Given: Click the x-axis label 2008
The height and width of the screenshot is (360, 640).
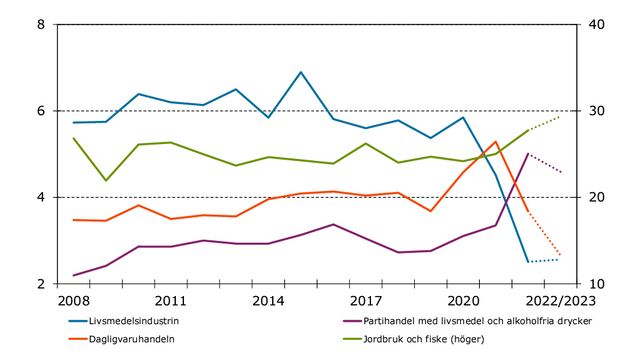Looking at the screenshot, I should tap(73, 301).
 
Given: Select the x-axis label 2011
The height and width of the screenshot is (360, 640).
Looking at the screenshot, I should tap(171, 301).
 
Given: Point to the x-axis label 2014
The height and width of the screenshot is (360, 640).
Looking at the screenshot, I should tap(268, 301).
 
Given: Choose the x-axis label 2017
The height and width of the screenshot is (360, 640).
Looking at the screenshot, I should tap(366, 301).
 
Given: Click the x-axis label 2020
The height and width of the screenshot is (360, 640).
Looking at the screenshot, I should tap(463, 301).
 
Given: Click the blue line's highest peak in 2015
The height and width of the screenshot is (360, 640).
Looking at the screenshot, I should tap(301, 72).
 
